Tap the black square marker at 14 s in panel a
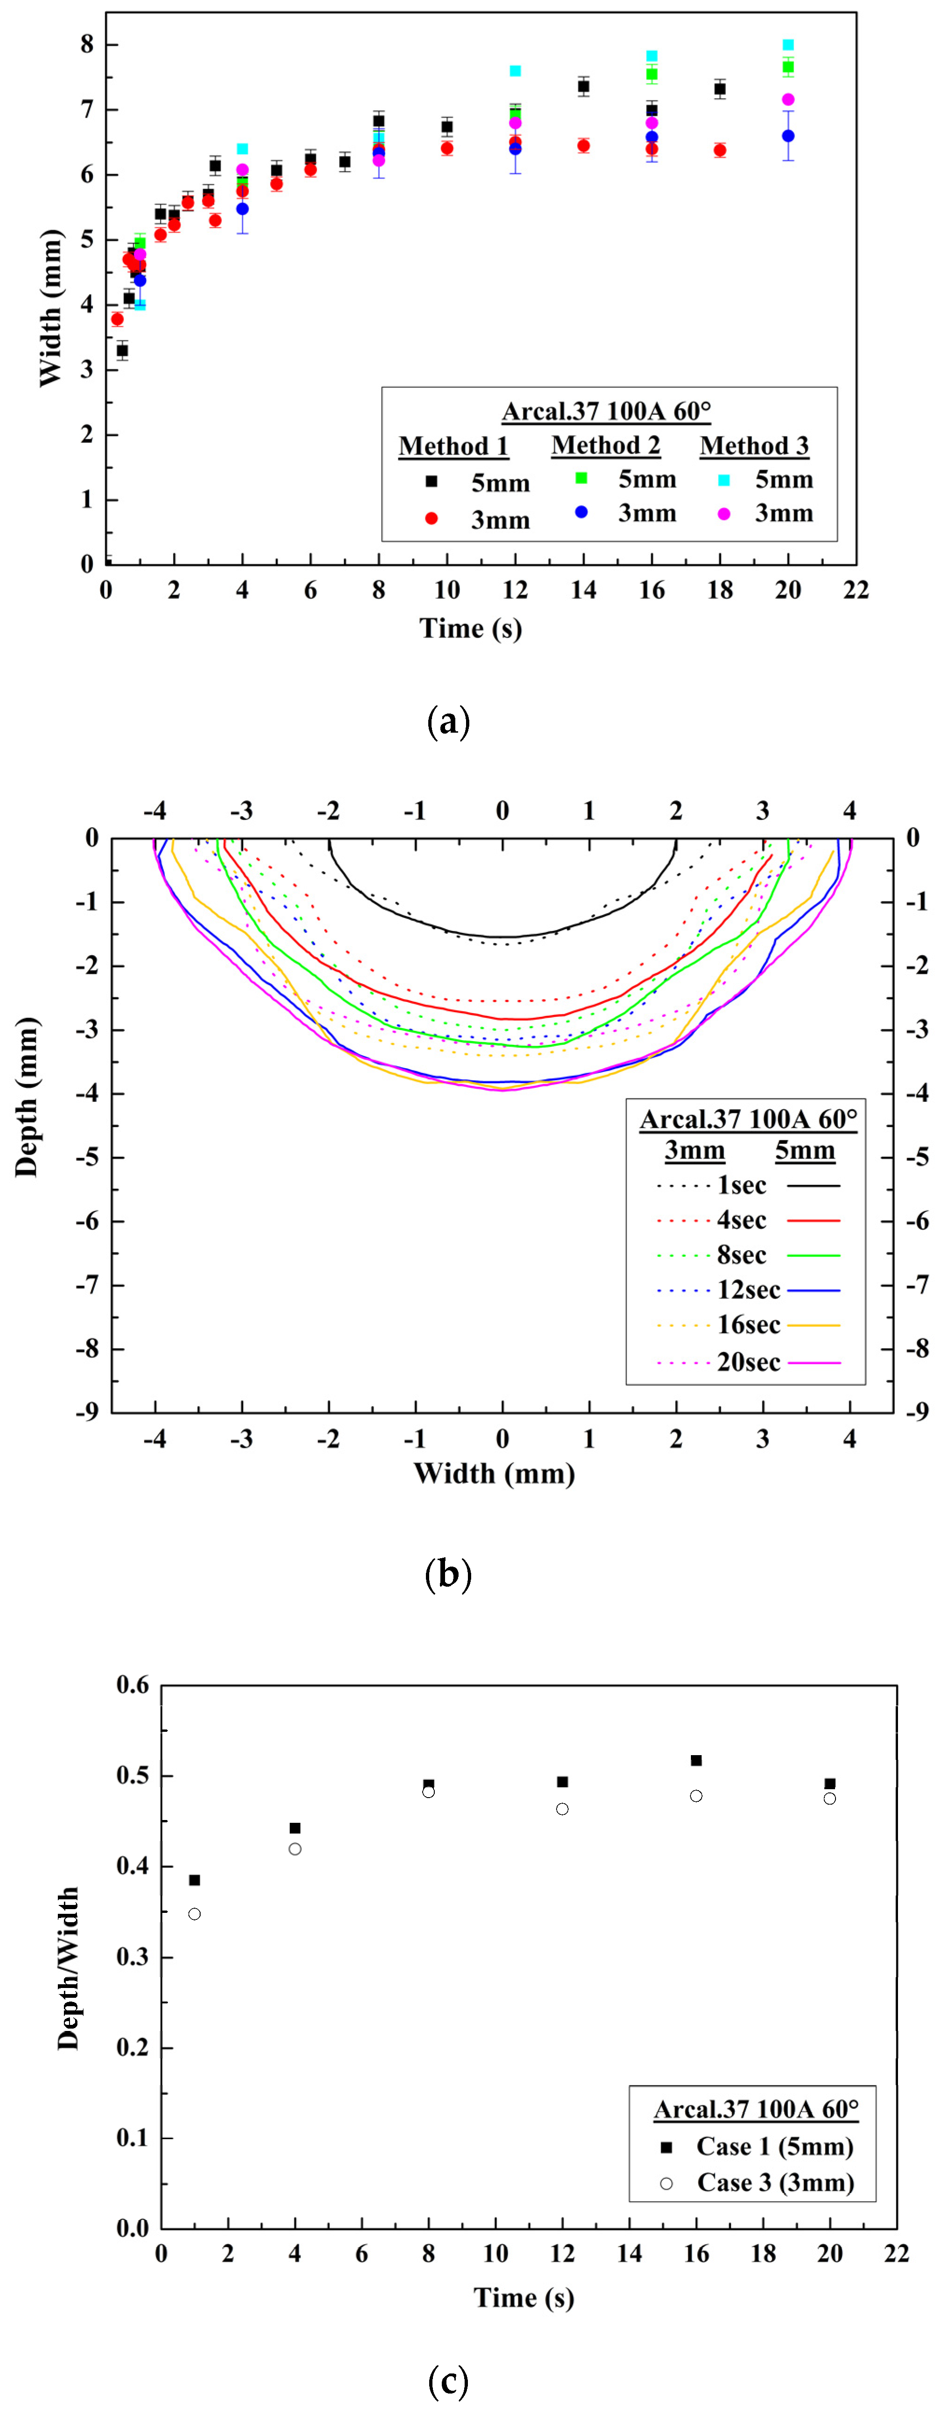[583, 86]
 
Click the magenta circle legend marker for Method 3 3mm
[724, 514]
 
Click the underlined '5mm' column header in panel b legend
[804, 1150]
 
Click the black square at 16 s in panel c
[696, 1761]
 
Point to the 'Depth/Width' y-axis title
[68, 1969]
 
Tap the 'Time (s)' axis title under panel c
[523, 2297]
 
